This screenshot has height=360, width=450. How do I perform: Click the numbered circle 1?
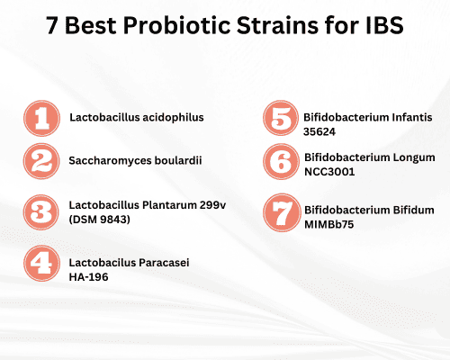(x=40, y=118)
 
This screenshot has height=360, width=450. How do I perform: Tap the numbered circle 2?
(x=40, y=161)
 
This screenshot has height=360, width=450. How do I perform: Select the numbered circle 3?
(x=40, y=212)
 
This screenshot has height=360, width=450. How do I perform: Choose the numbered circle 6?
(x=280, y=163)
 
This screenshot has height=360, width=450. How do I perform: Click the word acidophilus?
(x=173, y=117)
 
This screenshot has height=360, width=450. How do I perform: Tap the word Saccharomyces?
(x=108, y=161)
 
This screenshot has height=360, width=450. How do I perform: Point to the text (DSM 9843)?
(x=102, y=220)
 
